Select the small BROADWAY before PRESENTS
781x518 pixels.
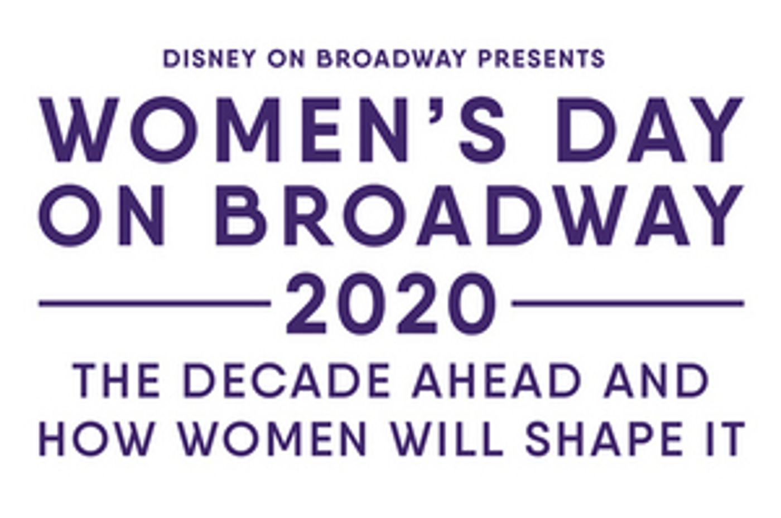390,59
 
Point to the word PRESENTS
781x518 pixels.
541,59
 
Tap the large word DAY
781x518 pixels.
650,130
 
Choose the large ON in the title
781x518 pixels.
103,215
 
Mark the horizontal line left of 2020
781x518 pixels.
155,304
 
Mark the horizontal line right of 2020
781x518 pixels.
628,304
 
